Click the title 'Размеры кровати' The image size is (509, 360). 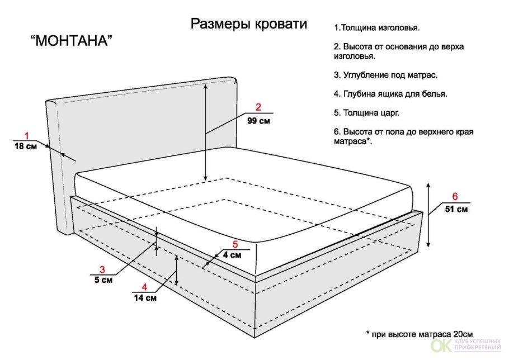click(249, 25)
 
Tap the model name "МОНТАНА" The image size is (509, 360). click(72, 41)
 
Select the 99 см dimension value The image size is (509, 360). click(258, 121)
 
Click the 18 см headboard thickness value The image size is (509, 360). click(26, 146)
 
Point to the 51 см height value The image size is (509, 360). click(456, 209)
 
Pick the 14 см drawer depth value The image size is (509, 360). click(145, 298)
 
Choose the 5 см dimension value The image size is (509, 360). click(103, 280)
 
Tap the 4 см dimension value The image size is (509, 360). click(232, 255)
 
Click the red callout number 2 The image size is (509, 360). click(258, 107)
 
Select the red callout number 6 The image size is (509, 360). click(455, 196)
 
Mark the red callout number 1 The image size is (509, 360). click(27, 136)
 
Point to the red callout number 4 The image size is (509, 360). click(144, 287)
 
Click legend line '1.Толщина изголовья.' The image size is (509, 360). click(377, 28)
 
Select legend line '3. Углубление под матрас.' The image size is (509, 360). click(385, 75)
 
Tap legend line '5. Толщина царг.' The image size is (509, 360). click(366, 113)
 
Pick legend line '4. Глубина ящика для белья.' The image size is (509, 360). click(390, 94)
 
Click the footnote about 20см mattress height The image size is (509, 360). click(419, 334)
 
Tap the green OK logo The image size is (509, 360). click(441, 345)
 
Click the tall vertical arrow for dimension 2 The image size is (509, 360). click(205, 132)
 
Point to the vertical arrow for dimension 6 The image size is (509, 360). click(428, 215)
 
